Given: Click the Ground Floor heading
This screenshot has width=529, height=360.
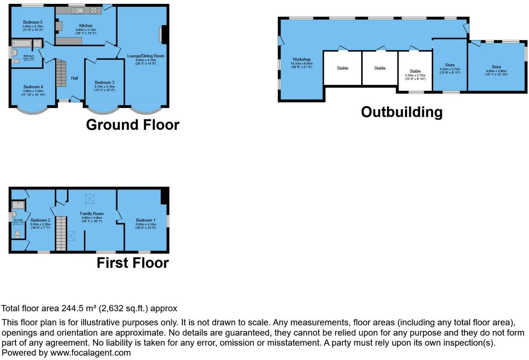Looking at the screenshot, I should (133, 125).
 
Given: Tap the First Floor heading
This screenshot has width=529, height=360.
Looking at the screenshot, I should (133, 263).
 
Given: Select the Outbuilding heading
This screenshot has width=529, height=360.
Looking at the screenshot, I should (402, 112).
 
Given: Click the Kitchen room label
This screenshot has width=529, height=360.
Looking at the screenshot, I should (86, 26).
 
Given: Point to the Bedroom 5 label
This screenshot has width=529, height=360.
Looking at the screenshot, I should (33, 22).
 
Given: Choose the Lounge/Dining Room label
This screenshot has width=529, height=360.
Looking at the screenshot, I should (146, 56).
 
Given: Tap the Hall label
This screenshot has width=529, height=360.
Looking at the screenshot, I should (74, 78).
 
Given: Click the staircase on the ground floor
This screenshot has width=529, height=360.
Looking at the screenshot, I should (61, 74).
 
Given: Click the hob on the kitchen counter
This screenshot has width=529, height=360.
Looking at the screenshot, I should (94, 10).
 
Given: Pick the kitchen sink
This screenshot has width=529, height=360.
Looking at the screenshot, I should (78, 10).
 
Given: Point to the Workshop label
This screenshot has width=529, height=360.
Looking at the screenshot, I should (302, 60).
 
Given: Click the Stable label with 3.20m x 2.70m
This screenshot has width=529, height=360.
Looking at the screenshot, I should (415, 71).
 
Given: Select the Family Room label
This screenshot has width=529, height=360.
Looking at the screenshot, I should (92, 214).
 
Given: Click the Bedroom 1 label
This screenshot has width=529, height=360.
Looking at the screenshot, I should (146, 220).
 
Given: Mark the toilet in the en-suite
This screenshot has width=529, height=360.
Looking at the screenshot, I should (17, 234).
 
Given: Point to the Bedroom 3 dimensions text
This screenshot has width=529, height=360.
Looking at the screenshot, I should (104, 88).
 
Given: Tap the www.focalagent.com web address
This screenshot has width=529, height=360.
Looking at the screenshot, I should (90, 353).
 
